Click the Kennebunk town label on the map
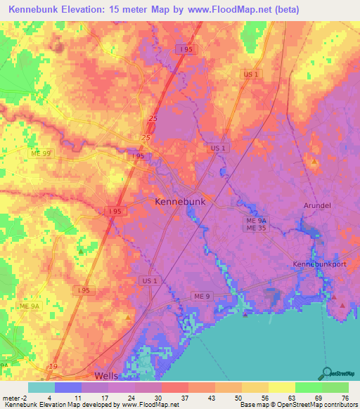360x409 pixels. click(180, 202)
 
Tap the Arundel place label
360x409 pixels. click(316, 206)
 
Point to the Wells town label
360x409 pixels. click(106, 376)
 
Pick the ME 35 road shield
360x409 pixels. click(255, 228)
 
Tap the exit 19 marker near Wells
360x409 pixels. click(53, 367)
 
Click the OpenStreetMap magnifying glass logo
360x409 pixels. click(328, 373)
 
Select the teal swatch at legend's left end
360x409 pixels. click(41, 387)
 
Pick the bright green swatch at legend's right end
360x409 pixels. click(335, 387)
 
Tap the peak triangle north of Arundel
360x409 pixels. click(314, 162)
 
